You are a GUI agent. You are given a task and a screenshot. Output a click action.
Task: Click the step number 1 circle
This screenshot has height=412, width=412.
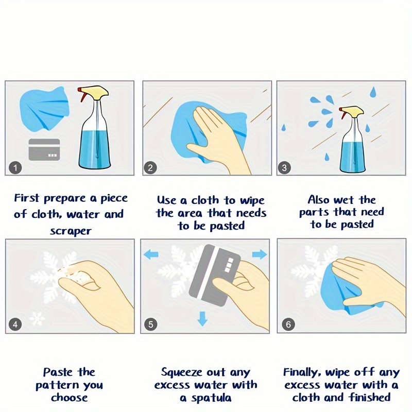tap(15, 168)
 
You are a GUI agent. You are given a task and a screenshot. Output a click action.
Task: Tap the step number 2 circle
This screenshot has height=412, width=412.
tap(150, 168)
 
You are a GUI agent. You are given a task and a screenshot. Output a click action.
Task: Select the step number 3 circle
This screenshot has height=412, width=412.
tap(284, 168)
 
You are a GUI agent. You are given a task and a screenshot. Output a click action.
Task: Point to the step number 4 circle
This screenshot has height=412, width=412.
tap(15, 324)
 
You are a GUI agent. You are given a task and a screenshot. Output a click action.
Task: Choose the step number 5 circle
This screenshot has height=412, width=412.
tap(150, 324)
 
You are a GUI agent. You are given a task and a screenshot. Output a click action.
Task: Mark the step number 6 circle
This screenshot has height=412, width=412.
tap(288, 324)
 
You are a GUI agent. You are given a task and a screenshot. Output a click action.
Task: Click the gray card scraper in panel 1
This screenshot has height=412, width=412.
tap(44, 149)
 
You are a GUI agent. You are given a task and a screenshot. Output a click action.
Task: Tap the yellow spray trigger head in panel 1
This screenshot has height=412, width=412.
tap(93, 93)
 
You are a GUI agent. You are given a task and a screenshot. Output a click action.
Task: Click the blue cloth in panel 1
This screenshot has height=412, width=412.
tap(45, 108)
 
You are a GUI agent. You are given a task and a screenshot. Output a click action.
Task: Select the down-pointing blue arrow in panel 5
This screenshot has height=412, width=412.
tap(202, 318)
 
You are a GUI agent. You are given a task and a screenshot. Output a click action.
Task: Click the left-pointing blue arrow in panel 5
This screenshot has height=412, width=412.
tap(151, 254)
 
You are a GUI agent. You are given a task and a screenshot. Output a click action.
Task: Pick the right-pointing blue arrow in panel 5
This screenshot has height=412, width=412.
tap(260, 254)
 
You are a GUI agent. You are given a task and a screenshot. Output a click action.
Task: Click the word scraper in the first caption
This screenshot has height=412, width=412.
tap(71, 231)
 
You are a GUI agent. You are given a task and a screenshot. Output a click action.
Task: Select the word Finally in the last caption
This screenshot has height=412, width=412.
tap(302, 372)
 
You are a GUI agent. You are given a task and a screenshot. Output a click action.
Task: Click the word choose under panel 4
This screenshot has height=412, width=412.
tap(70, 397)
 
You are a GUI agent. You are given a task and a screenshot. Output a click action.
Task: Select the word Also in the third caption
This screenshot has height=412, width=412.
tap(318, 200)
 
